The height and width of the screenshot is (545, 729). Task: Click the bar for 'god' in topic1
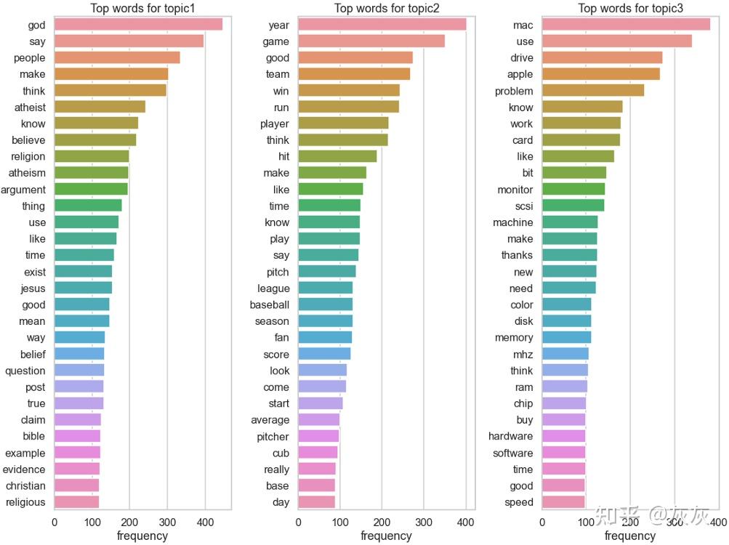pos(138,25)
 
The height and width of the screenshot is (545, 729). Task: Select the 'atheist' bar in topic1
pos(100,107)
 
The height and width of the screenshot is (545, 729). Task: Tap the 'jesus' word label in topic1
pos(33,288)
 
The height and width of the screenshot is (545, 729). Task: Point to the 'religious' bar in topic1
pos(76,502)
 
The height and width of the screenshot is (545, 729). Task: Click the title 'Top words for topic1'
pos(142,9)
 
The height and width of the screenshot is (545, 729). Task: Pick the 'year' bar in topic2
pos(382,25)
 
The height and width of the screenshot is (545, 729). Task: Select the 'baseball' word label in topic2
pos(269,304)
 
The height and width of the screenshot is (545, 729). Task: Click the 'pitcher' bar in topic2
pos(318,436)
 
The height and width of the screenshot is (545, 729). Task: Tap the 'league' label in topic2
pos(273,288)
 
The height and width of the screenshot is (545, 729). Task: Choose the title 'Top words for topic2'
pos(386,9)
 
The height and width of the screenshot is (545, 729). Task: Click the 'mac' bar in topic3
pos(626,25)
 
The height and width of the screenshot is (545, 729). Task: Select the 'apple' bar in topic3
pos(600,74)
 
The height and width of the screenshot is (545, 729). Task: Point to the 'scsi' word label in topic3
pos(524,206)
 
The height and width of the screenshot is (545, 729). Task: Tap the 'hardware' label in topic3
pos(510,436)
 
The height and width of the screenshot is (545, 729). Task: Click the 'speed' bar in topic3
pos(563,502)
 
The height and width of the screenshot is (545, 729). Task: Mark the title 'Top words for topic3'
pos(630,9)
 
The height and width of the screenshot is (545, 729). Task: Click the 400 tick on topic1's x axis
pos(205,521)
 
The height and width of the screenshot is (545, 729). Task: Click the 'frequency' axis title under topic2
pos(386,536)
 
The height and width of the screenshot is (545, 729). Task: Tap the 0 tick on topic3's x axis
pos(542,521)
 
